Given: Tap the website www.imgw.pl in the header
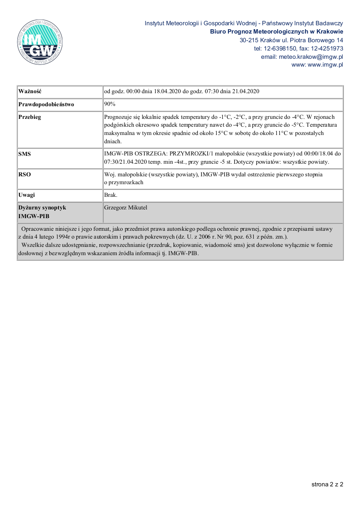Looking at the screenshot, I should click(x=326, y=65).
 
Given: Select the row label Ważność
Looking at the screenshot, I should click(x=30, y=91).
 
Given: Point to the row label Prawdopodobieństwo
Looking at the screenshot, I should click(x=46, y=104).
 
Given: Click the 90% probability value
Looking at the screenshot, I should click(x=109, y=104).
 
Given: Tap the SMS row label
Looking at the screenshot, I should click(x=25, y=154).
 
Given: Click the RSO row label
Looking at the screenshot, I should click(x=25, y=175).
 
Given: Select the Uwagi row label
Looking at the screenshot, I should click(x=27, y=195).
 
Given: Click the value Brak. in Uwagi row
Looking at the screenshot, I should click(x=111, y=195).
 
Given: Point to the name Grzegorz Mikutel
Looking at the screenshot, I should click(x=126, y=208).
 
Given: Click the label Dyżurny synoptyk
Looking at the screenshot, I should click(x=42, y=208).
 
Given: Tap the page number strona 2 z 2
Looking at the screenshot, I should click(x=327, y=484).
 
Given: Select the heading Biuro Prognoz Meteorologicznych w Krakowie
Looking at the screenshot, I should click(x=276, y=31).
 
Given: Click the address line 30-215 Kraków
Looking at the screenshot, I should click(x=291, y=40).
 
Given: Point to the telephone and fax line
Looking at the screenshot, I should click(x=299, y=48).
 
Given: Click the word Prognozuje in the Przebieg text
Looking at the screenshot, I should click(x=118, y=117).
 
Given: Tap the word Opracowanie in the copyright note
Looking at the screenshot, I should click(x=37, y=229).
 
